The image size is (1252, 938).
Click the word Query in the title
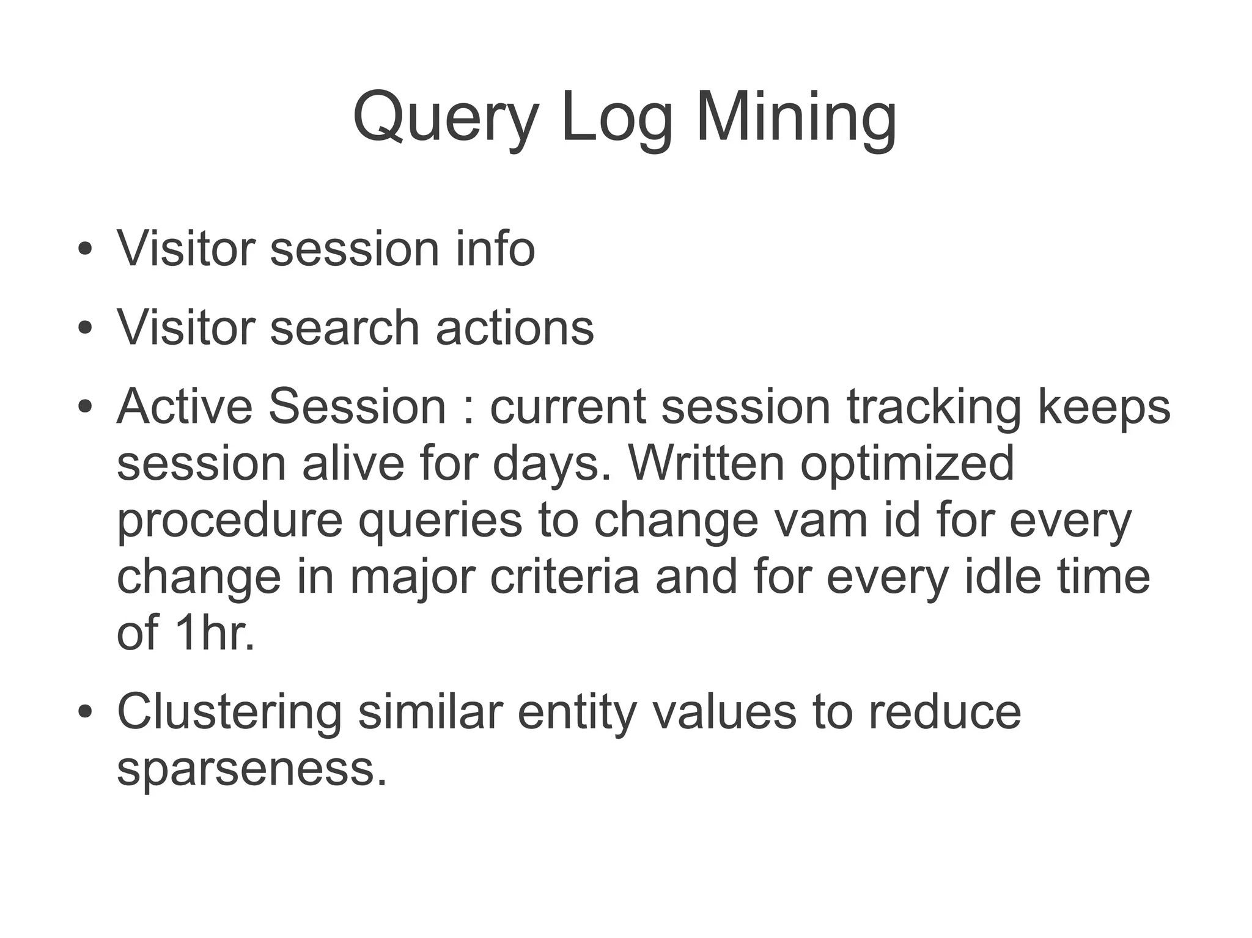pyautogui.click(x=446, y=117)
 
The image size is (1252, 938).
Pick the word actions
pyautogui.click(x=514, y=328)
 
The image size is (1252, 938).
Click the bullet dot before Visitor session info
pyautogui.click(x=85, y=250)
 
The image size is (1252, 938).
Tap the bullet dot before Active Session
pyautogui.click(x=85, y=407)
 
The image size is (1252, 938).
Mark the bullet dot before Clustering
pyautogui.click(x=85, y=712)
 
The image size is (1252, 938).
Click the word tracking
pyautogui.click(x=933, y=406)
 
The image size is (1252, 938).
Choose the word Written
pyautogui.click(x=706, y=463)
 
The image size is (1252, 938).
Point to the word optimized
pyautogui.click(x=907, y=463)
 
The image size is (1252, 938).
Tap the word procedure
pyautogui.click(x=230, y=520)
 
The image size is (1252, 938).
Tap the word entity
pyautogui.click(x=577, y=712)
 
